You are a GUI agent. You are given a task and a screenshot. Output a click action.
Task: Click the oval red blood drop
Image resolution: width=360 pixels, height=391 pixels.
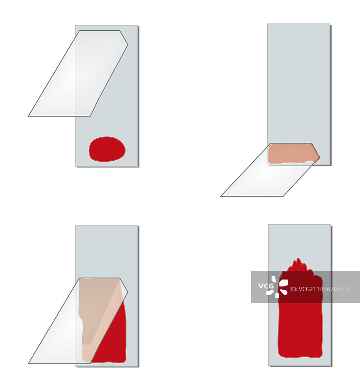107,149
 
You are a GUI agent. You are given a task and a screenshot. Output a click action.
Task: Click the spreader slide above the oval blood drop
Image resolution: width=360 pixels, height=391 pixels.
78,73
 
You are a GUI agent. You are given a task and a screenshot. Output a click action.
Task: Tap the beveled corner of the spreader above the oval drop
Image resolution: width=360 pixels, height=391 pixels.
124,38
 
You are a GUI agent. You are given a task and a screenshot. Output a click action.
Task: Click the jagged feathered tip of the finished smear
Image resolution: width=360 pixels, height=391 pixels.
297,265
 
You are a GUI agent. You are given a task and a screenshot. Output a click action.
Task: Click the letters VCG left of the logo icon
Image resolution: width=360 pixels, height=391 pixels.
266,286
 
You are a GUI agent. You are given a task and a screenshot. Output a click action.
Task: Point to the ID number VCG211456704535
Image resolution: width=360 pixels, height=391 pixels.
320,289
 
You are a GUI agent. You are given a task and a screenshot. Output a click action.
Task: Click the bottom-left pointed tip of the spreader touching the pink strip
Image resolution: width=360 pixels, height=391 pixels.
221,196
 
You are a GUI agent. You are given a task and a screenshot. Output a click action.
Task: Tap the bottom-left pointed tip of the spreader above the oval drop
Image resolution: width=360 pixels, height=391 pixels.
29,116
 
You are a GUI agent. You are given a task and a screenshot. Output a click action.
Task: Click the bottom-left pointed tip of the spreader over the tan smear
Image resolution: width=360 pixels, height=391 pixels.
29,363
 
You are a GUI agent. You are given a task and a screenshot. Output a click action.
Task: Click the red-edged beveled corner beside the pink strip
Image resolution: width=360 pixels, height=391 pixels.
316,151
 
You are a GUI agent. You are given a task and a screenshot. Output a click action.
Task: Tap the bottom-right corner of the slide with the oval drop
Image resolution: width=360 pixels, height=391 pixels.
138,166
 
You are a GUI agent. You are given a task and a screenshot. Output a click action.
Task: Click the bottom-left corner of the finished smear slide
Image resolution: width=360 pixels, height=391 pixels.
268,366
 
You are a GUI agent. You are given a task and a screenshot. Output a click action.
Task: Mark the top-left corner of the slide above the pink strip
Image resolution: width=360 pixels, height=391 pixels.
268,24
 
